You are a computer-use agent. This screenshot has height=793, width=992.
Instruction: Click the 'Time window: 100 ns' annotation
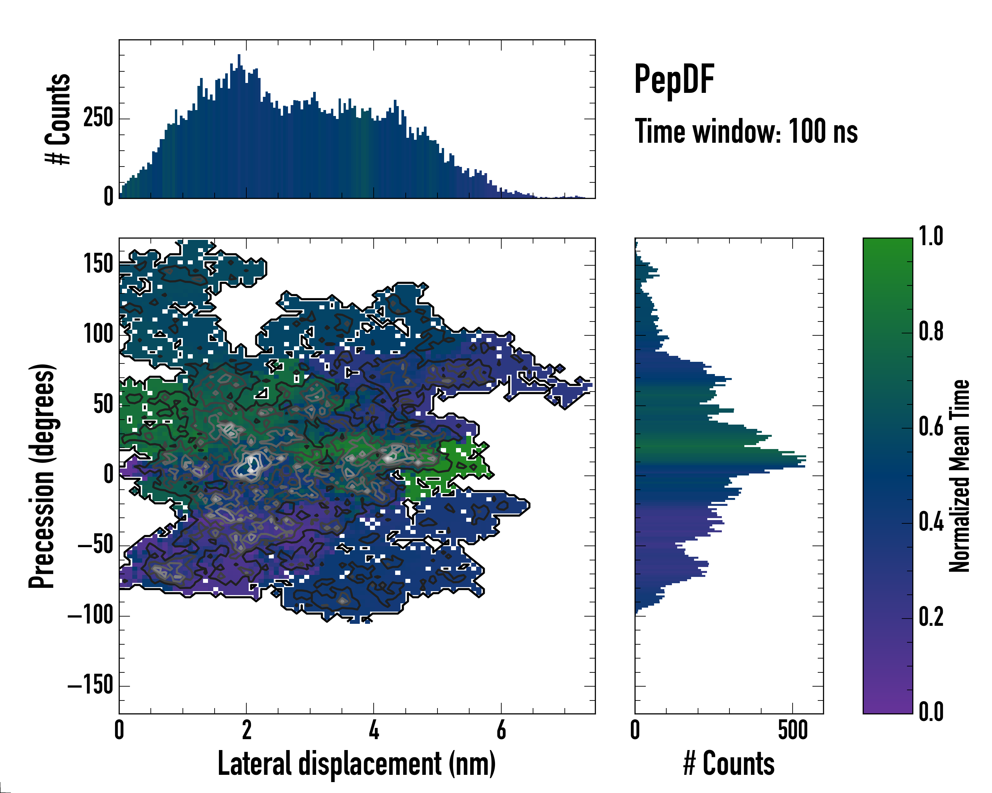point(746,132)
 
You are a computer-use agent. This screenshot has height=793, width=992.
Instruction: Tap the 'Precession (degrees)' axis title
point(42,476)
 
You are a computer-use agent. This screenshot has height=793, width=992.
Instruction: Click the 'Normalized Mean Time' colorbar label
point(959,476)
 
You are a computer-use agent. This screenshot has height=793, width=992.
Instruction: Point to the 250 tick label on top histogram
point(98,118)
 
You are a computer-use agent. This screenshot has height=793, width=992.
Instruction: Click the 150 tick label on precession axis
point(98,264)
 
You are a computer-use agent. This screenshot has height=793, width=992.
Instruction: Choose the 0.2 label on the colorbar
point(931,617)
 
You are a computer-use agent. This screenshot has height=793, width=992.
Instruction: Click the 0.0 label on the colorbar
point(931,712)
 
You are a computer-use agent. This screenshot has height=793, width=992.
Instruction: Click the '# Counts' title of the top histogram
point(58,119)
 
